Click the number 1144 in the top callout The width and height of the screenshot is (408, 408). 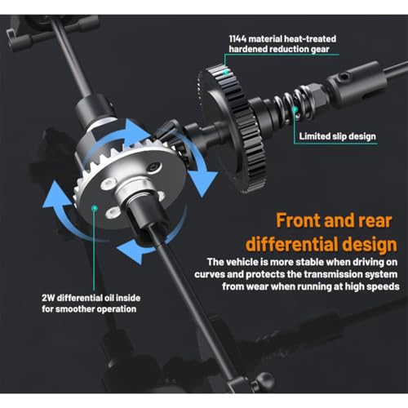point(237,39)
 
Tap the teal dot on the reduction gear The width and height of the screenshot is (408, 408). point(226,73)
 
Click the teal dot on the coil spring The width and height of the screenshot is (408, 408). point(295,109)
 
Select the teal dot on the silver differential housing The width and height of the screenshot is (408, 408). point(95,208)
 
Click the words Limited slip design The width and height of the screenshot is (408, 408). point(337,136)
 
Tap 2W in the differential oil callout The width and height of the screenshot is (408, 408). point(48,298)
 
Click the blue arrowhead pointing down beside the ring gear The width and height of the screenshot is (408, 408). point(202,182)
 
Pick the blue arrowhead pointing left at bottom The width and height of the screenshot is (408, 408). point(130,251)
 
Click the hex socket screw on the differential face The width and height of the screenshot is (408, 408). point(153,166)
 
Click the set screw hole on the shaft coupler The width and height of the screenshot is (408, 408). point(345,78)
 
